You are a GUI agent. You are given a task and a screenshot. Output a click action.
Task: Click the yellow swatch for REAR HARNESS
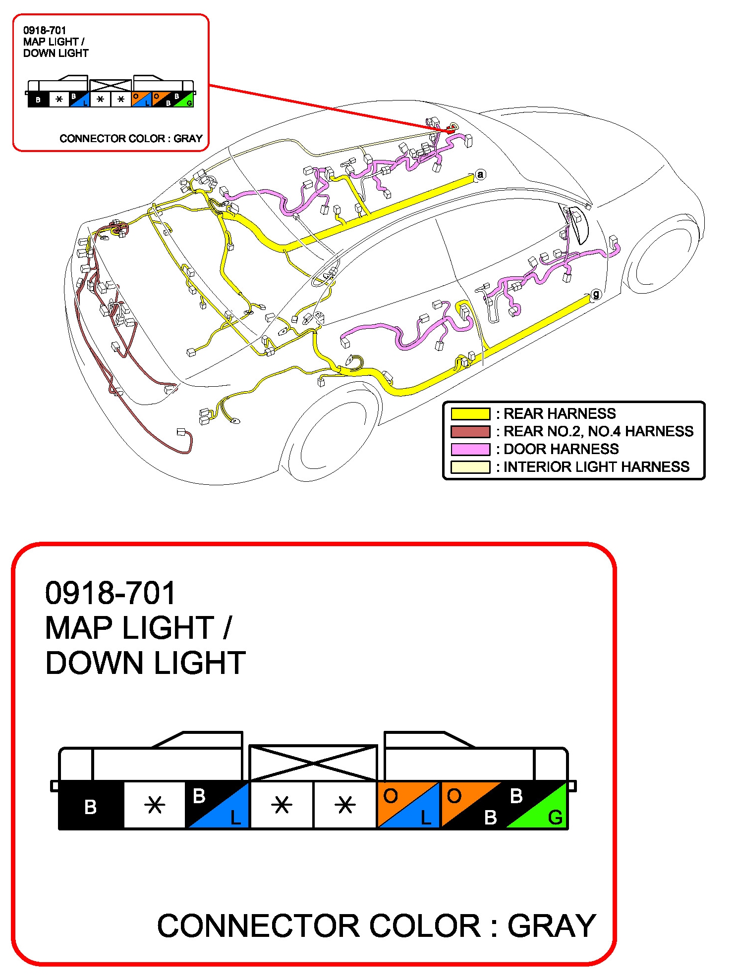tap(470, 413)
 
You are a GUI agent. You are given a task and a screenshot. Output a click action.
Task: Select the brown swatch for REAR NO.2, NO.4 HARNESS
tap(470, 431)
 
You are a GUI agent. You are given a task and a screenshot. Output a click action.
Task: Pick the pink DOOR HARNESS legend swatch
tap(470, 449)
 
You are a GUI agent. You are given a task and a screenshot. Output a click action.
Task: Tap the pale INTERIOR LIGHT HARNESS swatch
tap(470, 467)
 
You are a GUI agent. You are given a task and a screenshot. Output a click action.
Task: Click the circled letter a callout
tap(480, 174)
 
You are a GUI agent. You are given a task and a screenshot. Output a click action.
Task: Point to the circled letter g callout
tap(596, 294)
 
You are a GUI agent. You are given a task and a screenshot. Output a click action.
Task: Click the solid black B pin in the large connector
tap(91, 805)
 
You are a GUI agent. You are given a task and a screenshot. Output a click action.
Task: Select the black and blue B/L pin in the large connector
tap(217, 805)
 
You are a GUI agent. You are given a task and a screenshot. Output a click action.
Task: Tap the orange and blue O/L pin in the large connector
tap(409, 805)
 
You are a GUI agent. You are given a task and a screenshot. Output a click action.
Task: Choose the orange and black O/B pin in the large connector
tap(472, 805)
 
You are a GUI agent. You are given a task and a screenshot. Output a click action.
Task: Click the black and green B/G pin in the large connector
tap(535, 805)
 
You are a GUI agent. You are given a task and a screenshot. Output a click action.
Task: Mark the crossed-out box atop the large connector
tap(313, 763)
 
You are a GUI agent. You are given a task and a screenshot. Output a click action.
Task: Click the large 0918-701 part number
tap(111, 593)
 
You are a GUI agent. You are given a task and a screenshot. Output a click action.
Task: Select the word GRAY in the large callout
tap(552, 925)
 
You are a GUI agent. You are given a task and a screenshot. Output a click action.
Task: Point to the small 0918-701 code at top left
tap(45, 30)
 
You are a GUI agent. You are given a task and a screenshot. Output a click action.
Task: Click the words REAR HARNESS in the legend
tap(560, 413)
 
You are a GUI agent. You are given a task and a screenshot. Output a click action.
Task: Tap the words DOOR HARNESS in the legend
tap(561, 449)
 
